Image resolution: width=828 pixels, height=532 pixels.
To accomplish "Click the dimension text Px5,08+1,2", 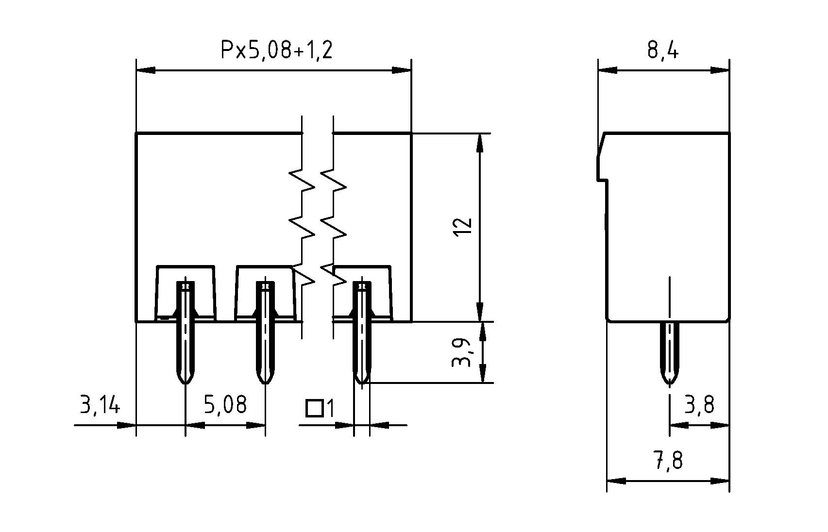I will pyautogui.click(x=277, y=50).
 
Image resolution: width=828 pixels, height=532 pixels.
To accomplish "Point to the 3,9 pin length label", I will pyautogui.click(x=462, y=352).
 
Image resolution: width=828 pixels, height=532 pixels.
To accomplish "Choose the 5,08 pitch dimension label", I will pyautogui.click(x=225, y=404).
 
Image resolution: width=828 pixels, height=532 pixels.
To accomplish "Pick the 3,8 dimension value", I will pyautogui.click(x=699, y=404).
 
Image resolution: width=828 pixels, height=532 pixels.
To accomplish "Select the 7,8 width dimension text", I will pyautogui.click(x=668, y=460).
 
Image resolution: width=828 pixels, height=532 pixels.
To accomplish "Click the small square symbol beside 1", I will pyautogui.click(x=315, y=409).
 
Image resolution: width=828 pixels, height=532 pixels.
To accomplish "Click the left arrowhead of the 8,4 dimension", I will pyautogui.click(x=607, y=70).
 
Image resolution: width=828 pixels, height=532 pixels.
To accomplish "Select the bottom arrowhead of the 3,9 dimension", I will pyautogui.click(x=483, y=373).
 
